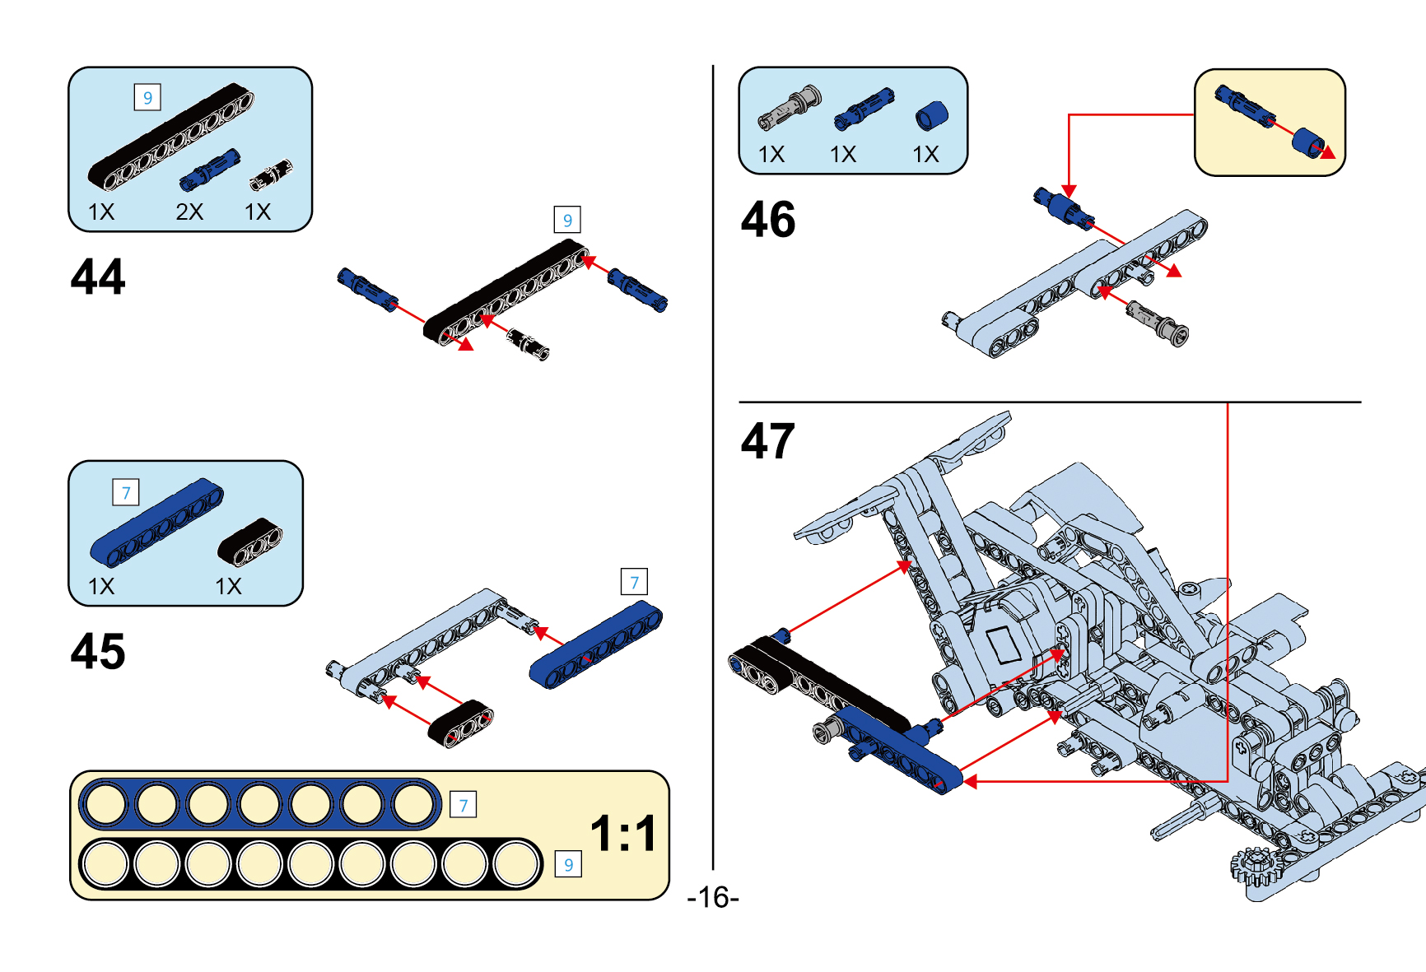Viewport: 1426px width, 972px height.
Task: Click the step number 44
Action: coord(98,277)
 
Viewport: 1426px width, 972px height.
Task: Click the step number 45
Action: coord(98,652)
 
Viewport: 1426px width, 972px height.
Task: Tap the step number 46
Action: coord(768,220)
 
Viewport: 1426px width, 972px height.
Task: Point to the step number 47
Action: coord(768,441)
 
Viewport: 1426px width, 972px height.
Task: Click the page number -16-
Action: coord(713,897)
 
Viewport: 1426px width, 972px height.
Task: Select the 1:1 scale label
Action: coord(624,833)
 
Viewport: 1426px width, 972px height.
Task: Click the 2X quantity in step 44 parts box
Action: coord(189,212)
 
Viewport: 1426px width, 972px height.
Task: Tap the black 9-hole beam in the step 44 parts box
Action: coord(170,137)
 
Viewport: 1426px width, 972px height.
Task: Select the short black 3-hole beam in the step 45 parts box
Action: coord(250,542)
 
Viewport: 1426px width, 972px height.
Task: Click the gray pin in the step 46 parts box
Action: coord(790,108)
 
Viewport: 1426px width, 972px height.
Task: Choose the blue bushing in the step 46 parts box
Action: coord(931,116)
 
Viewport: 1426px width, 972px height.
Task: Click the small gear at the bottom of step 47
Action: coord(1254,866)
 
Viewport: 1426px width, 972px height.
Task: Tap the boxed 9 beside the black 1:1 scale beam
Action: coord(568,865)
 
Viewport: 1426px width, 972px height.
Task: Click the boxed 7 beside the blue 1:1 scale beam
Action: coord(464,805)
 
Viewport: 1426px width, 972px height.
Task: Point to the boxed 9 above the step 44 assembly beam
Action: coord(567,220)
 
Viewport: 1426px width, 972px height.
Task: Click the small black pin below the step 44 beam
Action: coord(529,343)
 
